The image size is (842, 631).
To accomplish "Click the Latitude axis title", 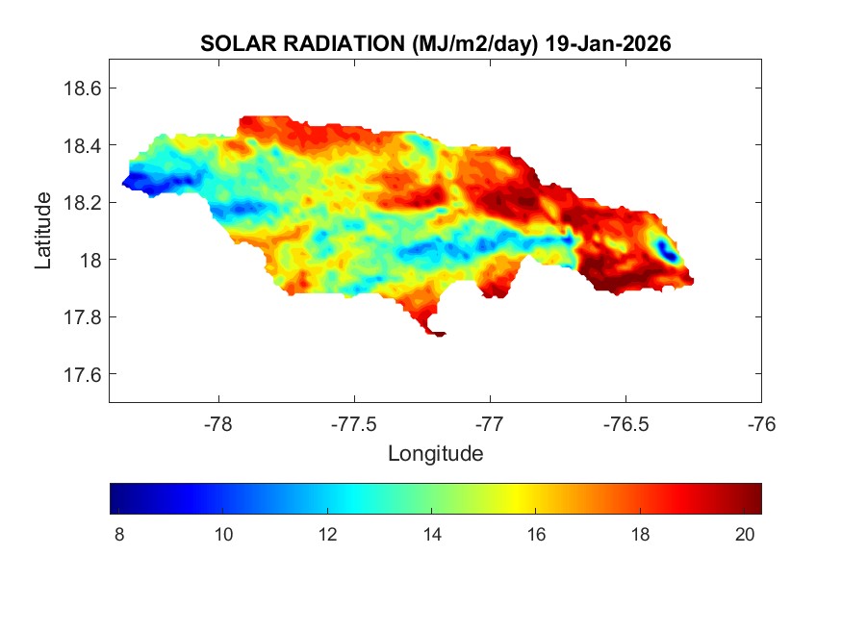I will coord(43,230).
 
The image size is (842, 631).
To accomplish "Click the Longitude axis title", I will coord(435,453).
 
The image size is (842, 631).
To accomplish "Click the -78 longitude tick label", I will coord(218,423).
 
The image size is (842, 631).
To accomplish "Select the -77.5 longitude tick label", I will coord(355,423).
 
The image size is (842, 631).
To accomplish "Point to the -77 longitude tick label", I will coord(491,423).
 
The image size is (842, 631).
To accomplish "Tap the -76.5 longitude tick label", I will coord(626,423).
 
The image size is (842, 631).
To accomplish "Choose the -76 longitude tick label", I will coord(762,423).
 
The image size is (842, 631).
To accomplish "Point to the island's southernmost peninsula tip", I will coord(440,335).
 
